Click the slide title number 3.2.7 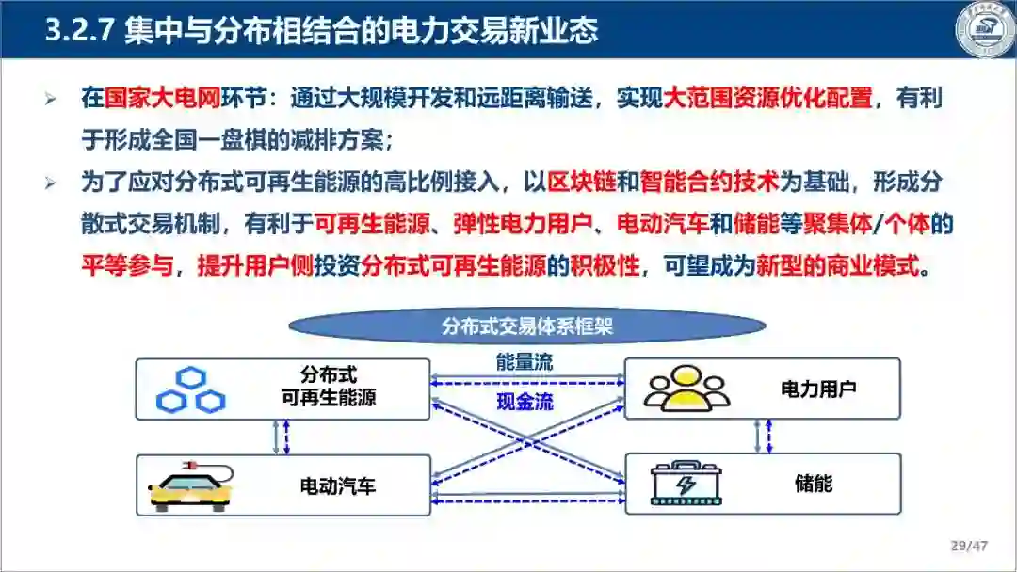(x=80, y=30)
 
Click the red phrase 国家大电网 (x=148, y=98)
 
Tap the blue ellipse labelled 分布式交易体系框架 (x=526, y=326)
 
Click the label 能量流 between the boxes (x=525, y=361)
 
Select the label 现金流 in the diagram (x=525, y=403)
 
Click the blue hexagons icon (x=191, y=389)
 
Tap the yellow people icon (x=688, y=387)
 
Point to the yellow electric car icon (x=191, y=485)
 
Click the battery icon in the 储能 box (x=687, y=485)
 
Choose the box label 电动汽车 (x=337, y=486)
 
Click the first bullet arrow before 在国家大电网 (x=51, y=99)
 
